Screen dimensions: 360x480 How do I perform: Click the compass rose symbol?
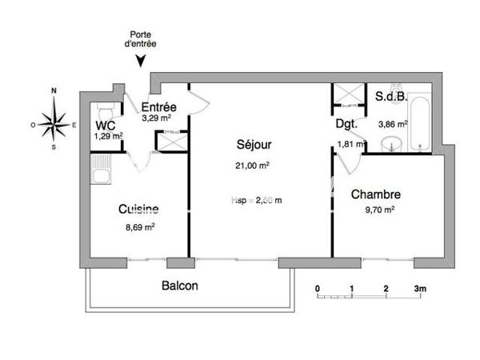[54, 123]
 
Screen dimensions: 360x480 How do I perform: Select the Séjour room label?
[254, 145]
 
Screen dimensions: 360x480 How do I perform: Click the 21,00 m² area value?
[253, 166]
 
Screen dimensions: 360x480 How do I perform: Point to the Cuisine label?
[138, 209]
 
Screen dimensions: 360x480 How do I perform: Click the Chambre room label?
[375, 194]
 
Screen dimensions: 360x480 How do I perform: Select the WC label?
[106, 125]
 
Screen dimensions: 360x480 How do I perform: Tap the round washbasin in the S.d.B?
[391, 145]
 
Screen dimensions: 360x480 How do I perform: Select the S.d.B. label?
[391, 97]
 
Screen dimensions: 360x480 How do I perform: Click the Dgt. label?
[346, 124]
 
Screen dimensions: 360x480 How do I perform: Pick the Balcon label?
[179, 286]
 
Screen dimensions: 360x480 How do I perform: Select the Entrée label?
[159, 107]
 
